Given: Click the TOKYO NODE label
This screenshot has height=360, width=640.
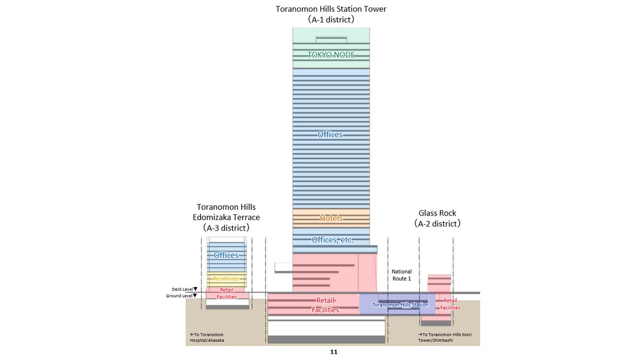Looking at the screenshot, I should pyautogui.click(x=331, y=55).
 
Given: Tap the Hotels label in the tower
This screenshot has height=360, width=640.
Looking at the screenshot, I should pyautogui.click(x=331, y=218).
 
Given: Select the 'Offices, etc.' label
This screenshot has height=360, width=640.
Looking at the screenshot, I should pyautogui.click(x=331, y=240).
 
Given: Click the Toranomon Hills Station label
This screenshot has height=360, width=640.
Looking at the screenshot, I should pyautogui.click(x=400, y=305).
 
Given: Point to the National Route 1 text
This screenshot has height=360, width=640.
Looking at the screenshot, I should pyautogui.click(x=402, y=275).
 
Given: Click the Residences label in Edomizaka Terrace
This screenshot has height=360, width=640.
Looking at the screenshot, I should pyautogui.click(x=226, y=279).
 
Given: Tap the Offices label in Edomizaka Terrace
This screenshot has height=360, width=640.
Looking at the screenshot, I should pyautogui.click(x=226, y=255).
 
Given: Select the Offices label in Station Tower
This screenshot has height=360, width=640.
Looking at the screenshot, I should pyautogui.click(x=330, y=134).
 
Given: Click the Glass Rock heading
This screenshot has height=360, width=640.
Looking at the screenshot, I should pyautogui.click(x=437, y=213).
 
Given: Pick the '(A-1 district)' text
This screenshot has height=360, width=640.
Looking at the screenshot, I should pyautogui.click(x=331, y=19).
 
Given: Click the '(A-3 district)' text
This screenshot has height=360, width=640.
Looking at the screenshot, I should pyautogui.click(x=226, y=228).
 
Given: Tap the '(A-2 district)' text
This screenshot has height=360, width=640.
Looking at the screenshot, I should pyautogui.click(x=437, y=224).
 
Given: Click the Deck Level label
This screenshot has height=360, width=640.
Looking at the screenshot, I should pyautogui.click(x=181, y=289).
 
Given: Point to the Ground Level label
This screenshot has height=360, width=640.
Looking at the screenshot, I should pyautogui.click(x=181, y=295).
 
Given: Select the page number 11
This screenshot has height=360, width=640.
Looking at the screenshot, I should pyautogui.click(x=334, y=352).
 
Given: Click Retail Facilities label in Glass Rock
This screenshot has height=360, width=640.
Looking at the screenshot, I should pyautogui.click(x=450, y=304).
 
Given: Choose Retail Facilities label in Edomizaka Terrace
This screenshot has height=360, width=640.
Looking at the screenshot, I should pyautogui.click(x=227, y=293).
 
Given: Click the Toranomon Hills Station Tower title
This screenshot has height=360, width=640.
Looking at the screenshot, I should pyautogui.click(x=331, y=9).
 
